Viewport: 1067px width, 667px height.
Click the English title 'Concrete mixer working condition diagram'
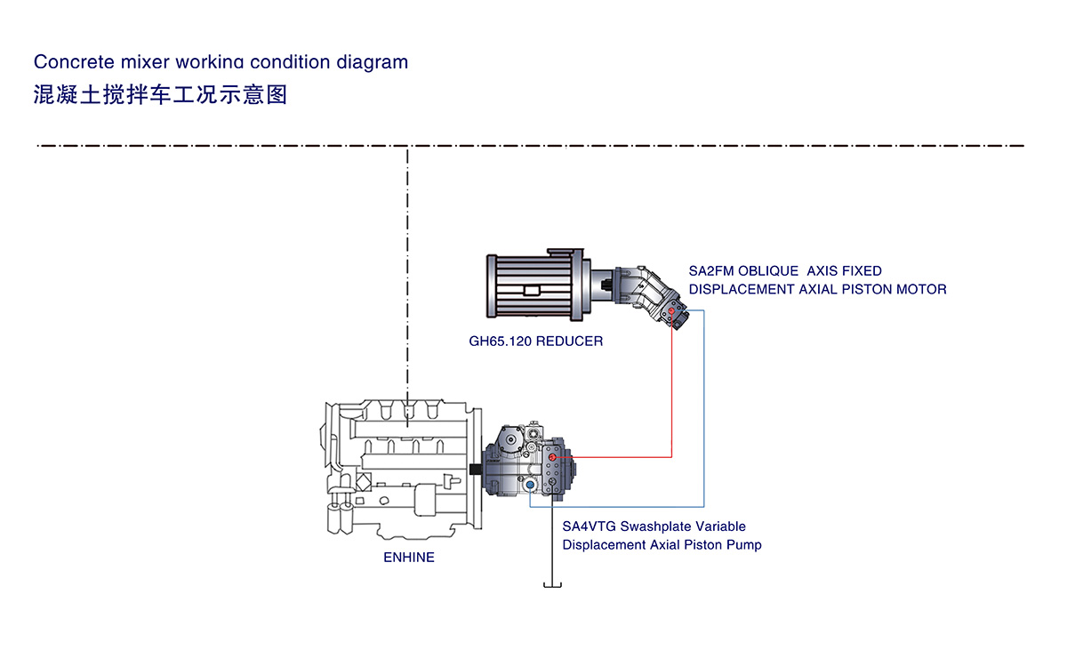pyautogui.click(x=221, y=62)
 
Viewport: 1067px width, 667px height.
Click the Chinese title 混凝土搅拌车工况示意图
pyautogui.click(x=160, y=95)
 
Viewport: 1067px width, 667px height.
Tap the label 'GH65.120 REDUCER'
pyautogui.click(x=535, y=341)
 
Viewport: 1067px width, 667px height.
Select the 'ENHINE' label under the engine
pyautogui.click(x=409, y=558)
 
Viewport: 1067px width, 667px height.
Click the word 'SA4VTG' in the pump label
pyautogui.click(x=590, y=526)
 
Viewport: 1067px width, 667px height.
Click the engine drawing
pyautogui.click(x=400, y=467)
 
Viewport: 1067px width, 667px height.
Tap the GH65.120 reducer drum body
pyautogui.click(x=533, y=287)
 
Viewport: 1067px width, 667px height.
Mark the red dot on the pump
pyautogui.click(x=553, y=456)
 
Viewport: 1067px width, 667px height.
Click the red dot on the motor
pyautogui.click(x=672, y=310)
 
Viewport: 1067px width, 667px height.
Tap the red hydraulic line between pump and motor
pyautogui.click(x=670, y=391)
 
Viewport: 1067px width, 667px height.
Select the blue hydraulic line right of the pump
pyautogui.click(x=703, y=409)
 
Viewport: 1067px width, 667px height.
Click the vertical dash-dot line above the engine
pyautogui.click(x=407, y=267)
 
